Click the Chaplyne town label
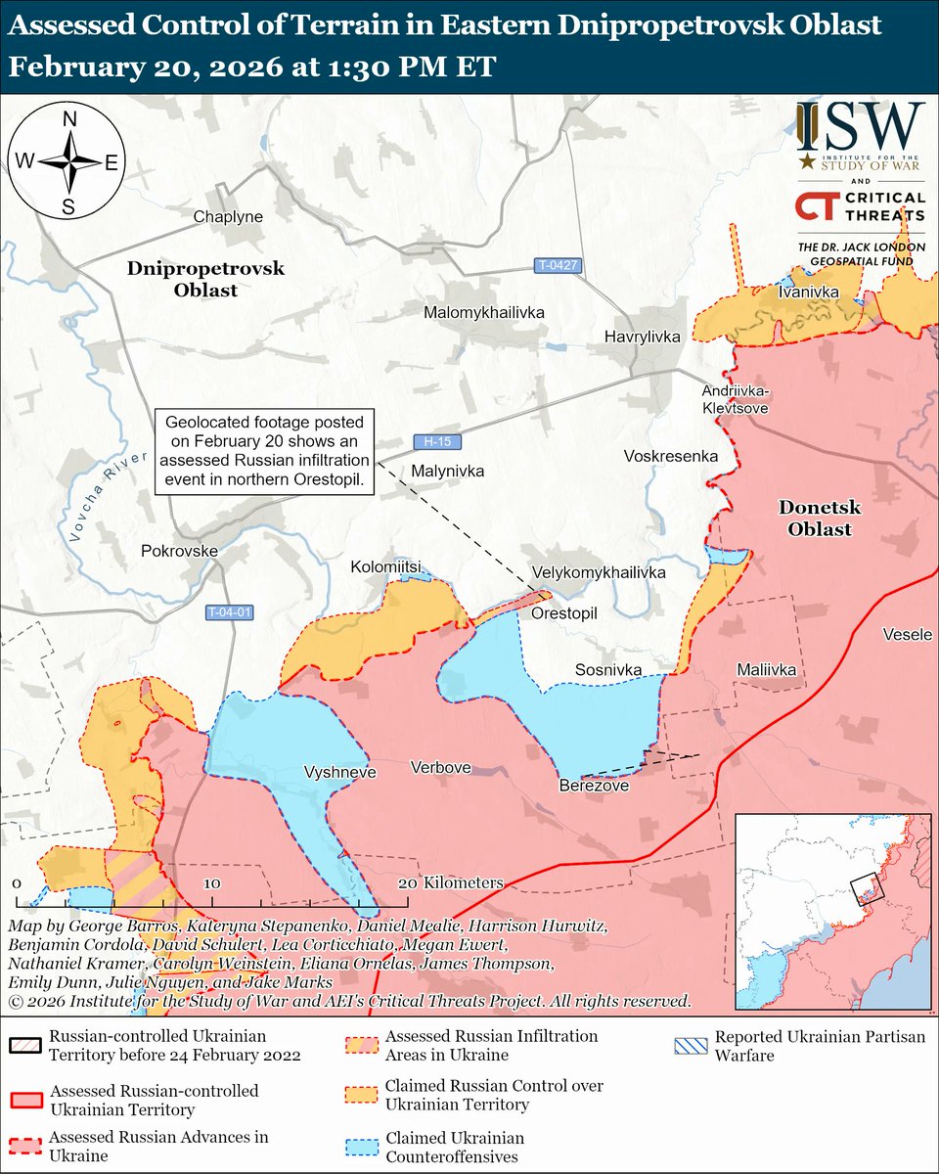(x=228, y=216)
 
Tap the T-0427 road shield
(x=559, y=265)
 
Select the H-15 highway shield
(x=430, y=441)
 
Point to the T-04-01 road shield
(x=230, y=612)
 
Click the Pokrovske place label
(x=179, y=551)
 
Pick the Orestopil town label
(x=563, y=612)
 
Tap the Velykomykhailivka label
(x=599, y=572)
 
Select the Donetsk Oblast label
(x=815, y=518)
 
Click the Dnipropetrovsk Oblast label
(x=205, y=279)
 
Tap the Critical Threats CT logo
(x=816, y=206)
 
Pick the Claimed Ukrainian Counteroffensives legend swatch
(x=362, y=1148)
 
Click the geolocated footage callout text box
(x=266, y=452)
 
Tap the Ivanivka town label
(x=806, y=292)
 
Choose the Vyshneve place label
(x=333, y=771)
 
